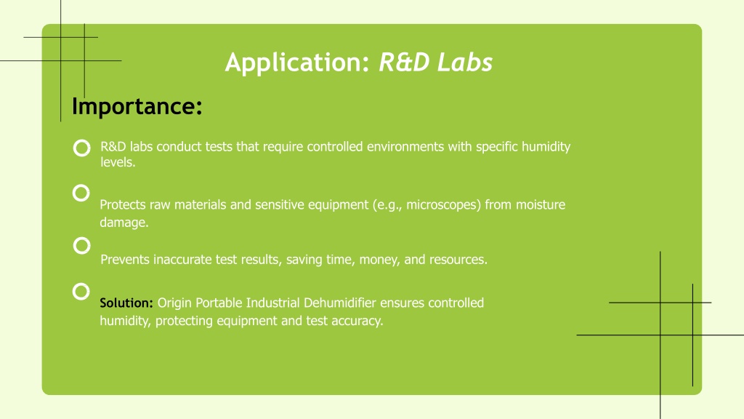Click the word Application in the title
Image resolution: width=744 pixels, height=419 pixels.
click(297, 63)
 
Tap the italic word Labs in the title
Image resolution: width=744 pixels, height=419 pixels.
click(465, 63)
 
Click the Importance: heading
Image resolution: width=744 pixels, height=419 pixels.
click(137, 105)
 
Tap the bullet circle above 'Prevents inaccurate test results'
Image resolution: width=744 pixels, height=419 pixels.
click(81, 237)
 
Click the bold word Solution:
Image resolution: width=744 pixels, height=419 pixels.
click(126, 303)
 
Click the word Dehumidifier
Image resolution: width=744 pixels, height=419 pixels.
click(340, 303)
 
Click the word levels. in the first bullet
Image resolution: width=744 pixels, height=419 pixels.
click(118, 162)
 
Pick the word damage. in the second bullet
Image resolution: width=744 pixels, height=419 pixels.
click(124, 223)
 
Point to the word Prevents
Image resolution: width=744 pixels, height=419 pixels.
click(125, 260)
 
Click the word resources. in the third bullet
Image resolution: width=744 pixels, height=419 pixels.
click(458, 260)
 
